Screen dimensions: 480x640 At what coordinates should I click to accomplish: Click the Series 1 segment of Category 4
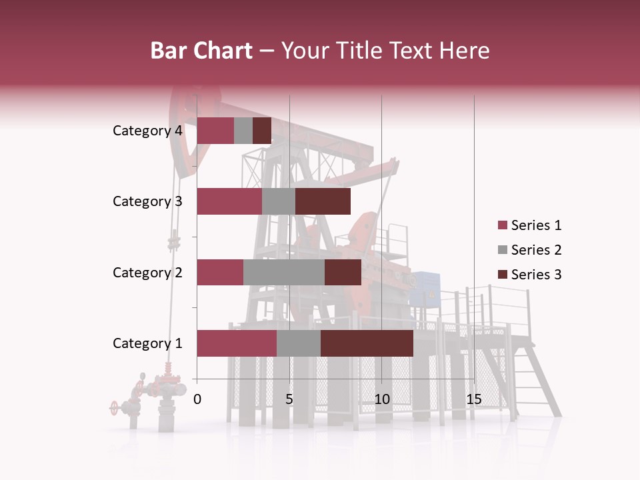tap(215, 131)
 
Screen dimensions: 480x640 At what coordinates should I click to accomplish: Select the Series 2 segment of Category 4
tap(243, 131)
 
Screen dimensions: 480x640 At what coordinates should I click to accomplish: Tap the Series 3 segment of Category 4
tap(262, 131)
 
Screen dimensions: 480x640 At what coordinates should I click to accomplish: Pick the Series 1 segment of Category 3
tap(229, 201)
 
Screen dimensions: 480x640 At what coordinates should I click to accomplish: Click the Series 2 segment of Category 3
tap(279, 201)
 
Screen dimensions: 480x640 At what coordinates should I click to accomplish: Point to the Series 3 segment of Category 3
tap(323, 201)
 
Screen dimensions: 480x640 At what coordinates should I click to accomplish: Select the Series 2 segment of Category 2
tap(284, 272)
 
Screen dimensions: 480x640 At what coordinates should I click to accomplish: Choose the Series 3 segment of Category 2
tap(343, 272)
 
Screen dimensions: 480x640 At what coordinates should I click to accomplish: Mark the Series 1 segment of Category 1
tap(237, 343)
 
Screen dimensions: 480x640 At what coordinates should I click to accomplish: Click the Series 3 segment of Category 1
tap(367, 343)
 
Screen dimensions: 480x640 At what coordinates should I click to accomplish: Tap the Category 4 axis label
tap(147, 131)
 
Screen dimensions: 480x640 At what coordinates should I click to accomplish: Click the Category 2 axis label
tap(147, 272)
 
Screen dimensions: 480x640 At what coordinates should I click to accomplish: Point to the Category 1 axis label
tap(147, 343)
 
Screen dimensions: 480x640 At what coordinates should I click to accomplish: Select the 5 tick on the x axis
tap(289, 399)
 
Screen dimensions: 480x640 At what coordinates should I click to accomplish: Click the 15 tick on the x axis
tap(474, 399)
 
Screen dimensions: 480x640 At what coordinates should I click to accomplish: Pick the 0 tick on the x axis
tap(197, 399)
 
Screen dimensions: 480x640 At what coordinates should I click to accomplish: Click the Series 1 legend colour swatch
tap(502, 225)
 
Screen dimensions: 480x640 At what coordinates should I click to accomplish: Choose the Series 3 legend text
tap(537, 275)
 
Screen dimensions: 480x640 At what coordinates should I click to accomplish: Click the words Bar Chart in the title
tap(201, 51)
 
